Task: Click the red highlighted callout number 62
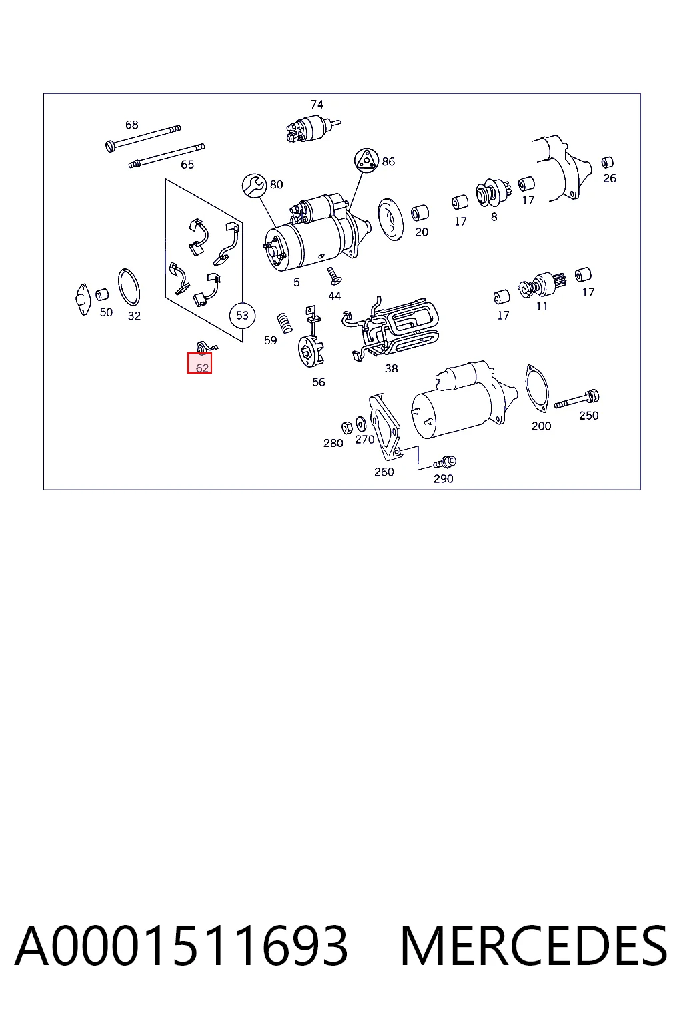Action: point(200,363)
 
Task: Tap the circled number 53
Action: point(242,315)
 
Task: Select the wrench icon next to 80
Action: point(254,186)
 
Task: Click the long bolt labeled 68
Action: point(143,138)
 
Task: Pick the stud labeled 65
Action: point(167,155)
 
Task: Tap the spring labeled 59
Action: point(285,323)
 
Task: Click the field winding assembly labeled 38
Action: point(390,328)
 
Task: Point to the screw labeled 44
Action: point(334,276)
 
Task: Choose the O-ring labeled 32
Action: point(129,287)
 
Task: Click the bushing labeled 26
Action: point(607,163)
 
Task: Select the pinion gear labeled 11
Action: point(542,284)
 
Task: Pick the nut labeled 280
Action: point(348,428)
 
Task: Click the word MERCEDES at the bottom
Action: point(534,946)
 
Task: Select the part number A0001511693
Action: point(181,946)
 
